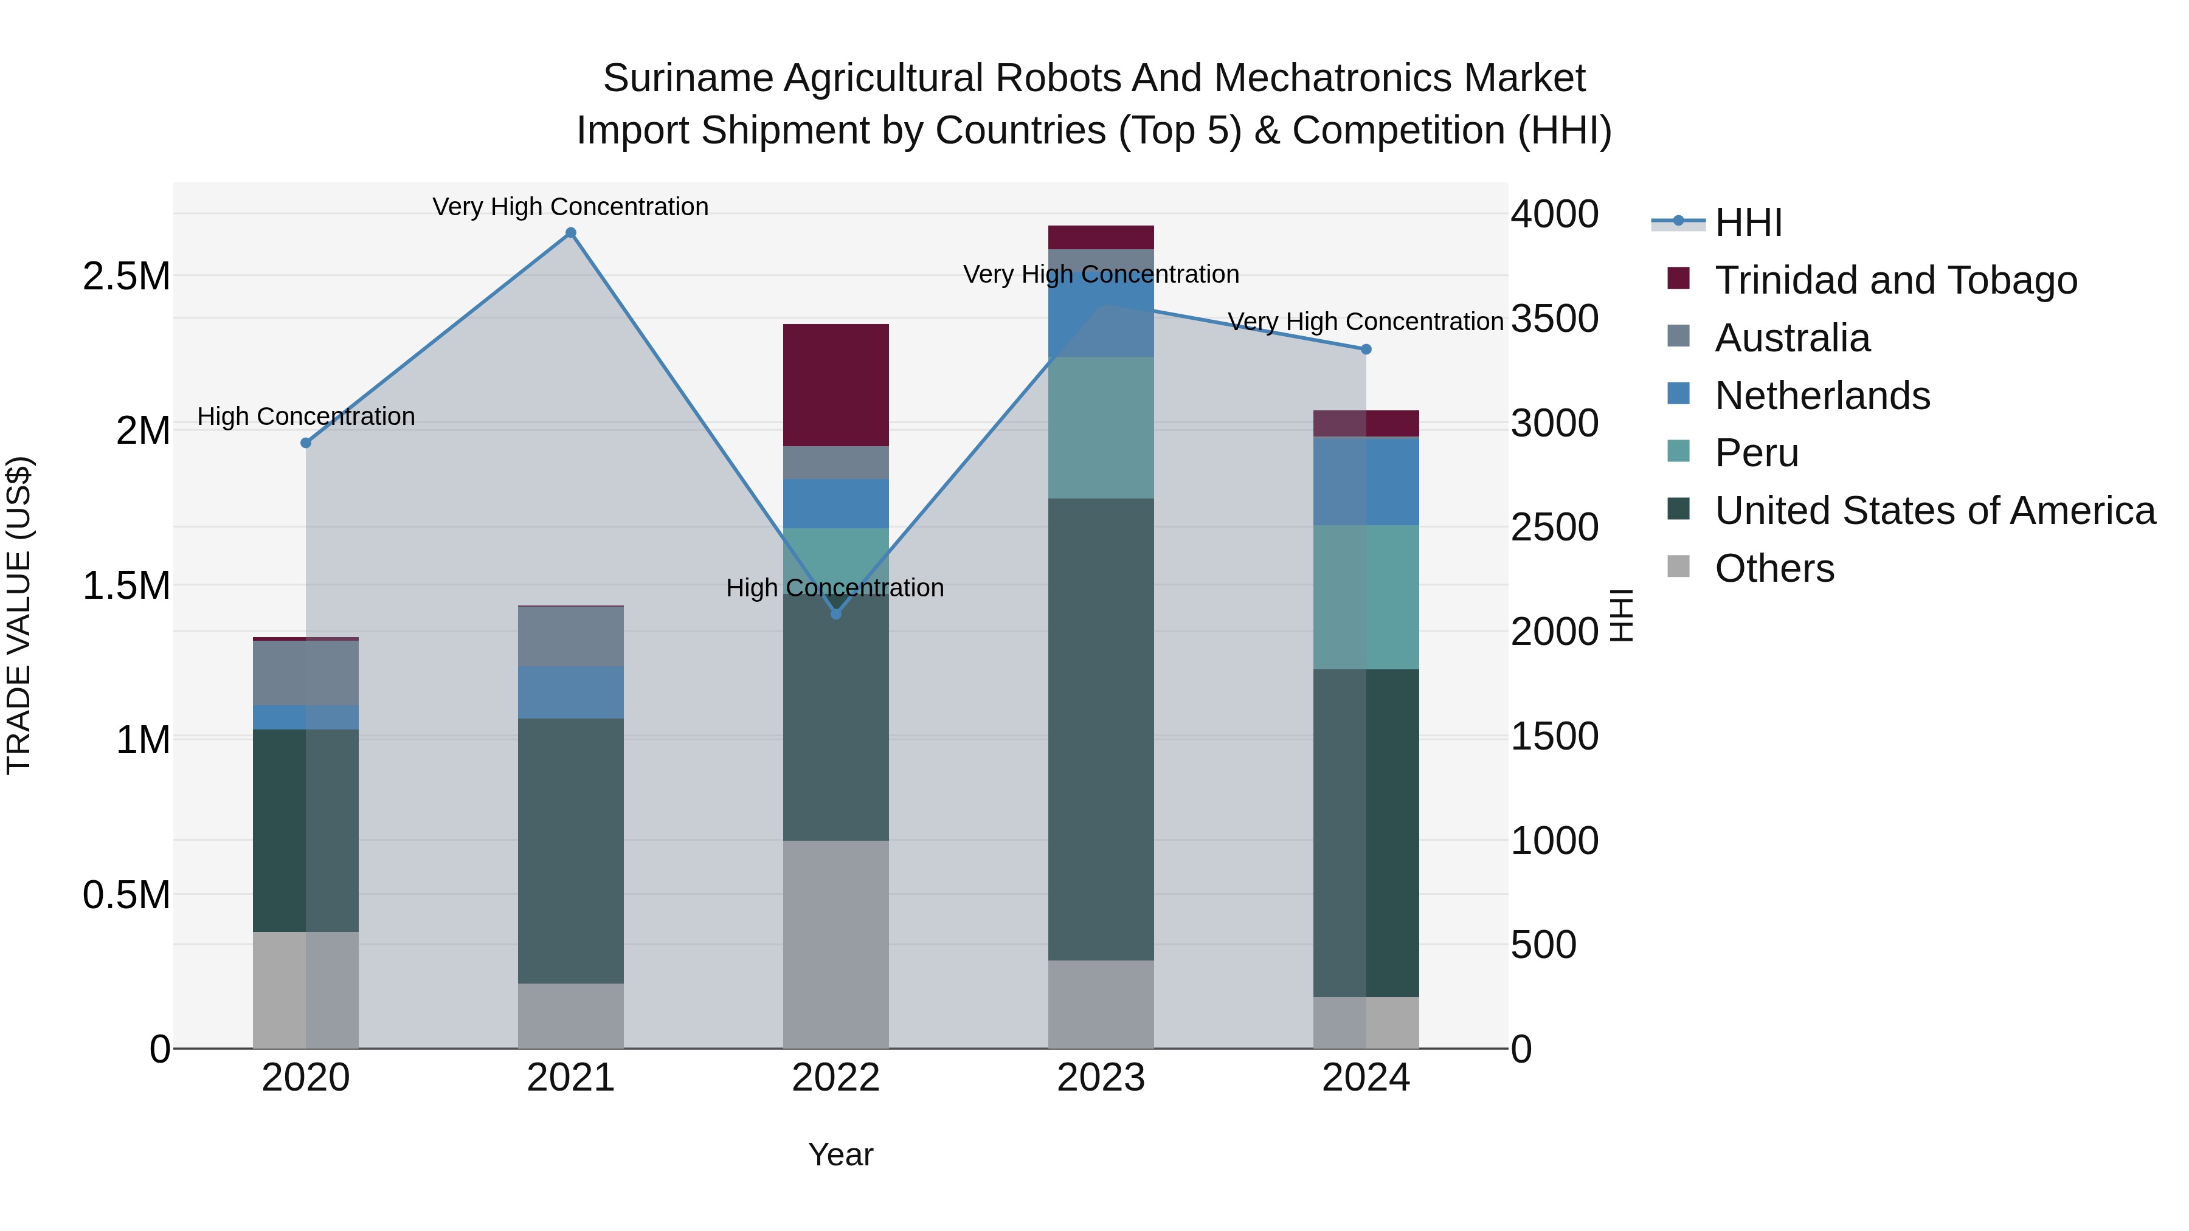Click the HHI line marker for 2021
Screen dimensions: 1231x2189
(x=571, y=233)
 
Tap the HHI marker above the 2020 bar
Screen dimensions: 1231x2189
(x=306, y=443)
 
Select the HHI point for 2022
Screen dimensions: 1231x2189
(x=836, y=613)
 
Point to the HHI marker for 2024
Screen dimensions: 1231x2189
(x=1366, y=349)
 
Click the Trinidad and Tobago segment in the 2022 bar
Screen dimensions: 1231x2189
(x=836, y=385)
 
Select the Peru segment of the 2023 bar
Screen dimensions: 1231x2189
(x=1101, y=427)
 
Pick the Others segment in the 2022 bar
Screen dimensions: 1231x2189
(x=836, y=944)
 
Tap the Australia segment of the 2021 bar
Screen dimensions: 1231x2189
(x=571, y=636)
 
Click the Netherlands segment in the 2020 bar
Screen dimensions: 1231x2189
(x=306, y=717)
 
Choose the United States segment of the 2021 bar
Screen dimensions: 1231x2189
(x=571, y=850)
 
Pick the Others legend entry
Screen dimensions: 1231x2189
(x=1774, y=568)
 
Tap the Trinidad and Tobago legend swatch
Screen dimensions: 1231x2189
(x=1679, y=278)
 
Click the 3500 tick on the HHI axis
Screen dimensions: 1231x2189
(x=1554, y=319)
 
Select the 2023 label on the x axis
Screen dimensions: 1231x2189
(x=1101, y=1078)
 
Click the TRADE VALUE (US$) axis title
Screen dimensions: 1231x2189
(x=19, y=615)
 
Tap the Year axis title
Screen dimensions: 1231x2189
(x=840, y=1154)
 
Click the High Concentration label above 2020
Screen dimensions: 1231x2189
(x=306, y=416)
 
